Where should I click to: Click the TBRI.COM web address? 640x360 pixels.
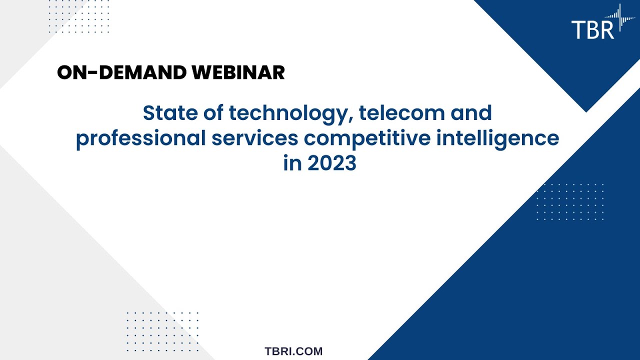[293, 351]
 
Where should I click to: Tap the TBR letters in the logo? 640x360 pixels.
[592, 29]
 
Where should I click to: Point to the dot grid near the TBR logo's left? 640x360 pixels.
[79, 17]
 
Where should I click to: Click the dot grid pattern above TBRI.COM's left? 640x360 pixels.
[163, 331]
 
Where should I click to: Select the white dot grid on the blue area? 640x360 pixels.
[570, 202]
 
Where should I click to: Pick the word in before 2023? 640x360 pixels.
[292, 163]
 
